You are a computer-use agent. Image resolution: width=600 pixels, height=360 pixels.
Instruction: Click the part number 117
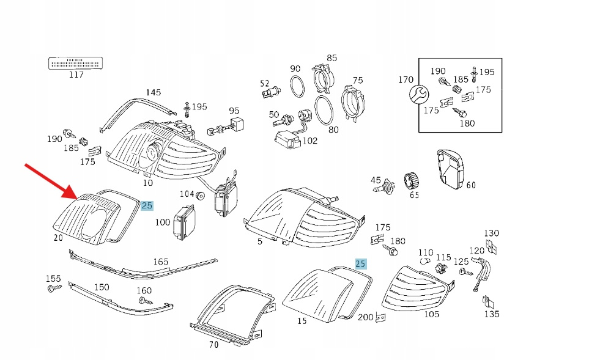point(76,75)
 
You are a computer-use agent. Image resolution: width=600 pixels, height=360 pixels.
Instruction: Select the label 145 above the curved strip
point(153,92)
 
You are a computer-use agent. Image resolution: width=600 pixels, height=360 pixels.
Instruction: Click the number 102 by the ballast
point(310,141)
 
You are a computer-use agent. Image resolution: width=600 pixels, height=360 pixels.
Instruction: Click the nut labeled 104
point(199,196)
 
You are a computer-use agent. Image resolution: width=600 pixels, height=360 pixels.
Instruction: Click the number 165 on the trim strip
point(160,262)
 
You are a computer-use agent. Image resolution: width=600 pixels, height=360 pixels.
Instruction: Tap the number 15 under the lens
point(302,321)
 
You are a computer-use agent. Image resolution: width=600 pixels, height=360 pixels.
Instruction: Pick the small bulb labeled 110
point(425,262)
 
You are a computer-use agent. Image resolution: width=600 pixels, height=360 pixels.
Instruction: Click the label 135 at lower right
point(492,314)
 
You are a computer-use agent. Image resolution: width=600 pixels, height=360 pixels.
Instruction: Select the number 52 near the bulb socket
point(264,83)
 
